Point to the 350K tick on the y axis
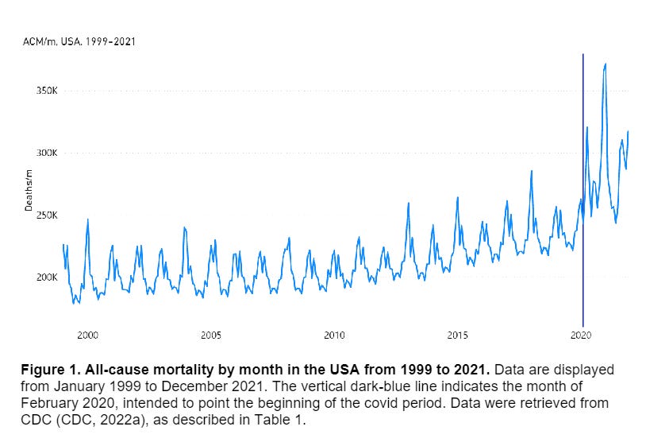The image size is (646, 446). (x=46, y=91)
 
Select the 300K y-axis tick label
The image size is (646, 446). (x=46, y=153)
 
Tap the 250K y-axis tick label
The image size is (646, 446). (x=46, y=215)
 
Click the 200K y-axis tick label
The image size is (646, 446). (x=46, y=277)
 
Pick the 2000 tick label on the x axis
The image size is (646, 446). (x=87, y=335)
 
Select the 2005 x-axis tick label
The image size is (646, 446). (x=210, y=335)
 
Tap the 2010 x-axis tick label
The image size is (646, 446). (x=334, y=335)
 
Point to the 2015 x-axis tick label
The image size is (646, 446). (x=458, y=335)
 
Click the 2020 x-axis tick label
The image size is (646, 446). (x=582, y=335)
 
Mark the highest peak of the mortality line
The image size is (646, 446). (x=606, y=64)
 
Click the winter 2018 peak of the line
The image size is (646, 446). (x=532, y=171)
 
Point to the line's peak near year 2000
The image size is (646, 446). (x=88, y=219)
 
